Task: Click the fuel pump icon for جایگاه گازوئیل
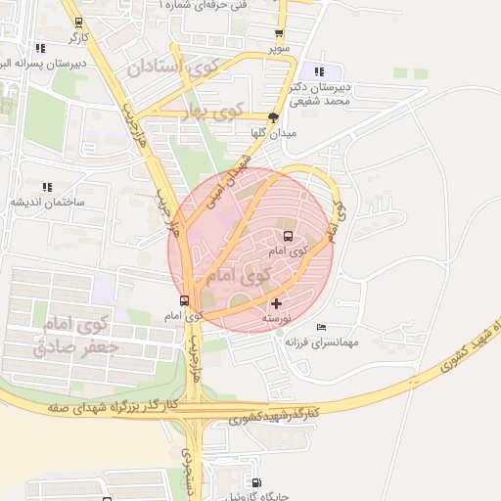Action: (256, 482)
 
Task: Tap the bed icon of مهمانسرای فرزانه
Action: (322, 327)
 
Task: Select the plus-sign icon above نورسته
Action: (276, 304)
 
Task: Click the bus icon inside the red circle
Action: (288, 236)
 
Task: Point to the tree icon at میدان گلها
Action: (274, 117)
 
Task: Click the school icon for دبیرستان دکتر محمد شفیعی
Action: (319, 71)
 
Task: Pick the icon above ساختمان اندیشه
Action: (46, 187)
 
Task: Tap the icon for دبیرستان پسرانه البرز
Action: (40, 47)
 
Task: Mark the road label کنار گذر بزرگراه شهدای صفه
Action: (112, 404)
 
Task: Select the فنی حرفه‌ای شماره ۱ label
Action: (205, 5)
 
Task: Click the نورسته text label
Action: (276, 319)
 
